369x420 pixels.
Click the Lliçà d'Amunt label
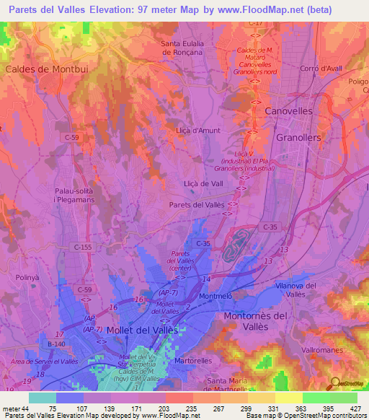tap(197, 131)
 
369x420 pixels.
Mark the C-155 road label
tap(83, 247)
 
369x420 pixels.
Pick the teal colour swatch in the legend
tap(43, 398)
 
